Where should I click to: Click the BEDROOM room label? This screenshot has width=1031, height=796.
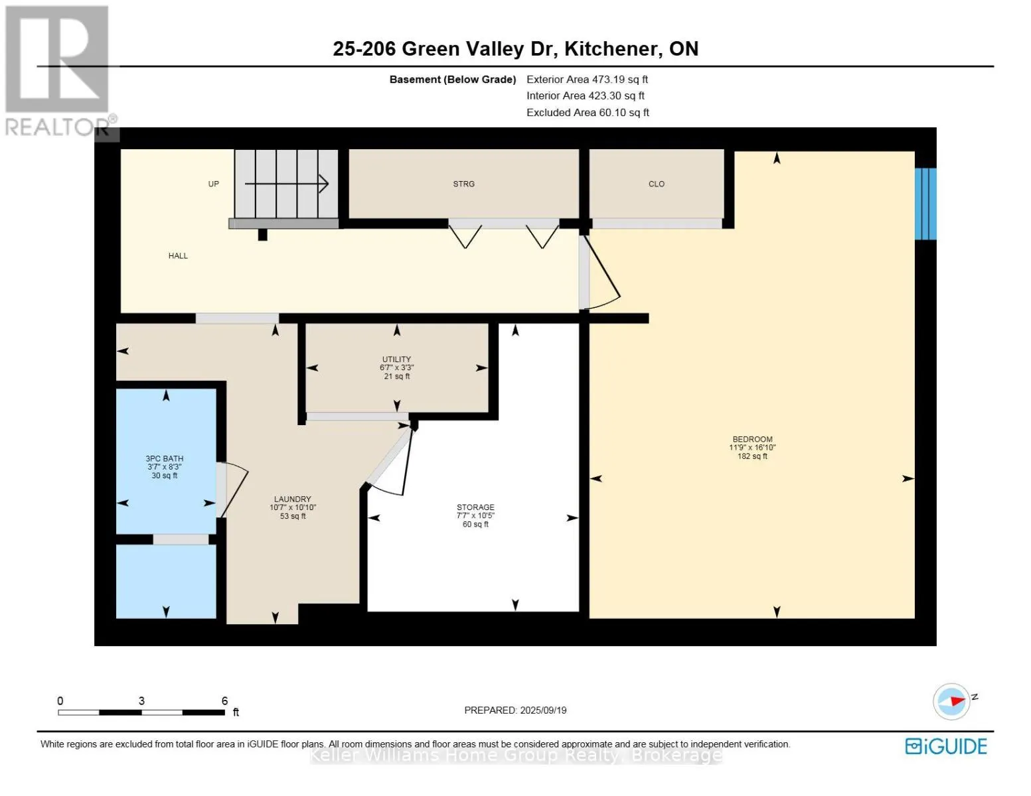click(752, 439)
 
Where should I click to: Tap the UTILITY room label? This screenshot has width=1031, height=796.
click(396, 360)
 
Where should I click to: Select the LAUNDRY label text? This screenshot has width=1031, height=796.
click(292, 499)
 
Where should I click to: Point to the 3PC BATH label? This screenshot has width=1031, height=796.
click(164, 458)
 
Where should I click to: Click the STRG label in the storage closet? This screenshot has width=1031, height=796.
click(463, 184)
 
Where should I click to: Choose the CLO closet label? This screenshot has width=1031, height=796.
click(656, 184)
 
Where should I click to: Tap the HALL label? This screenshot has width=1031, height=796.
click(178, 255)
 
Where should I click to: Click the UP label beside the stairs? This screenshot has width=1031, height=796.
click(214, 184)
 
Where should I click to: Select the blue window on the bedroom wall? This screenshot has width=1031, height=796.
click(925, 204)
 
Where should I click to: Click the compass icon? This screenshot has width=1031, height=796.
click(951, 701)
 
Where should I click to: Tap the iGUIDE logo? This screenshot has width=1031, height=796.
click(946, 746)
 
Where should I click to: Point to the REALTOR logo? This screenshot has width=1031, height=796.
click(58, 71)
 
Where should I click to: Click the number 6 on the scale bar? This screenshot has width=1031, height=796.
click(224, 700)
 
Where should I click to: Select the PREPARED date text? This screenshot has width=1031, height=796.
click(515, 710)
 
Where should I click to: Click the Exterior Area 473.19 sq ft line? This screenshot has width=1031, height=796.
click(587, 79)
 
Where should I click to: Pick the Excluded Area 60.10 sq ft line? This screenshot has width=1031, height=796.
click(588, 112)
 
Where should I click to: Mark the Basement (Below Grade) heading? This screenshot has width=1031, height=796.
click(453, 80)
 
